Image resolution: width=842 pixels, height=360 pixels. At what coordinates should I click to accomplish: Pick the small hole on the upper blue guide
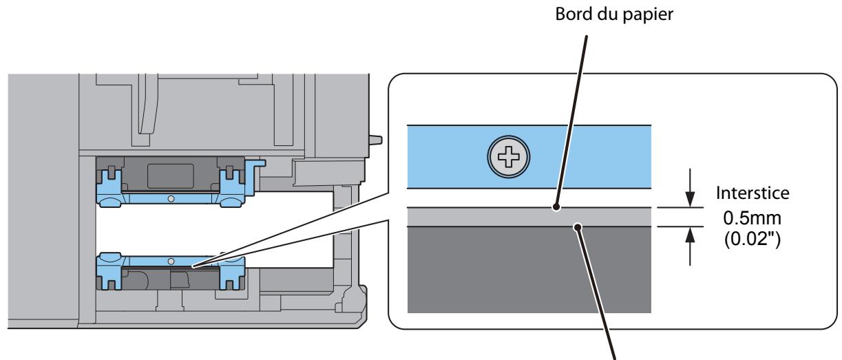(x=171, y=198)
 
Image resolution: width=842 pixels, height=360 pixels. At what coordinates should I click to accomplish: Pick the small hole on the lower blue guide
(x=171, y=262)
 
